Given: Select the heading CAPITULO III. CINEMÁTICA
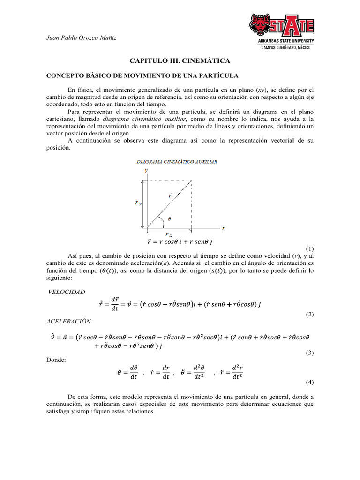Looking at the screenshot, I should [180, 61].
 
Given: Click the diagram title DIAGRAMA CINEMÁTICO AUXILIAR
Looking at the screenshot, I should [177, 161].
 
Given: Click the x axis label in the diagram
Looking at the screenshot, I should [223, 228].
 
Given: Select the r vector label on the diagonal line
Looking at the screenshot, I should [170, 195].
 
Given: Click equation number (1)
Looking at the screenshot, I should [309, 248].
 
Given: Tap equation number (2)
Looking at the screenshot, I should [309, 315].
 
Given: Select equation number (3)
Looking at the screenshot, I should [309, 353].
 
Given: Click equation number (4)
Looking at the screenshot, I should [309, 382].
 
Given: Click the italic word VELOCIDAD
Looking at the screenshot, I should [67, 292].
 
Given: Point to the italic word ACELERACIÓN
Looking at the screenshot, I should [69, 321].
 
